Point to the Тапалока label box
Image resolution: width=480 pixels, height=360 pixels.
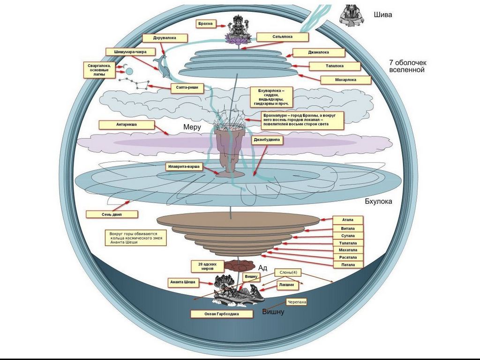[x=334, y=66]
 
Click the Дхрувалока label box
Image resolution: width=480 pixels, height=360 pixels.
[x=164, y=38]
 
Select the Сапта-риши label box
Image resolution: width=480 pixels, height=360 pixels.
[x=186, y=88]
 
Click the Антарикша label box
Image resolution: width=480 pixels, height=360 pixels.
[x=126, y=125]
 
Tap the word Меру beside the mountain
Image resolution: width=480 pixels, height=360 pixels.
[x=192, y=127]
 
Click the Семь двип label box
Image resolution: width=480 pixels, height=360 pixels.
[x=112, y=214]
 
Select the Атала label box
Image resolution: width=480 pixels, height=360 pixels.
[x=348, y=220]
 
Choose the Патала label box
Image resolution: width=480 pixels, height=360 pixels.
[x=348, y=265]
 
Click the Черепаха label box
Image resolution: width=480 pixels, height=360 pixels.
[x=296, y=302]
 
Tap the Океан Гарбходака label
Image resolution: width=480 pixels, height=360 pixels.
[x=222, y=314]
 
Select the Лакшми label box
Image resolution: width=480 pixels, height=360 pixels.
[x=286, y=285]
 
